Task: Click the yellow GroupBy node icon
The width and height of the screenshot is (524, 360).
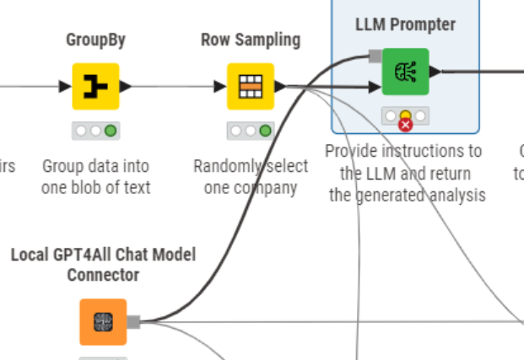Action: click(x=95, y=86)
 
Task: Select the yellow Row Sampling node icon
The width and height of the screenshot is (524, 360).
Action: click(x=250, y=86)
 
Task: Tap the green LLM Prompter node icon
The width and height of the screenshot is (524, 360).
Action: click(x=405, y=72)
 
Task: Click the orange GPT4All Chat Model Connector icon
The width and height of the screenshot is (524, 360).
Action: click(x=103, y=321)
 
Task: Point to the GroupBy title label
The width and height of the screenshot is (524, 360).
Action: click(x=95, y=40)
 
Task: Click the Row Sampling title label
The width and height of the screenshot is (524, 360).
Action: click(x=250, y=40)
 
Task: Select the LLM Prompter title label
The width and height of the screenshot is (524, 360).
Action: click(x=405, y=24)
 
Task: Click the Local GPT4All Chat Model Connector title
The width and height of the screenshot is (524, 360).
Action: click(x=102, y=264)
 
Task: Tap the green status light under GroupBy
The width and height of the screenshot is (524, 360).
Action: click(x=111, y=131)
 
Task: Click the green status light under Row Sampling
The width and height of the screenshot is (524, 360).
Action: click(x=265, y=131)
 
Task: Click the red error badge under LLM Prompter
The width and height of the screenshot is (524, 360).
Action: click(x=405, y=125)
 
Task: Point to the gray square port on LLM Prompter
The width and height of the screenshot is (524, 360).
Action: click(x=375, y=56)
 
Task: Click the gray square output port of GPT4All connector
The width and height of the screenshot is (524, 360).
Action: click(x=132, y=321)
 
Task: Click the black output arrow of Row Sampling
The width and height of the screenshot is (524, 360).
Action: click(x=280, y=86)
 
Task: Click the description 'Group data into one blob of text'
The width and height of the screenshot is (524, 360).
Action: click(x=95, y=176)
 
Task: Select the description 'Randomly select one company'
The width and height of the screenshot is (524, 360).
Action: click(x=250, y=176)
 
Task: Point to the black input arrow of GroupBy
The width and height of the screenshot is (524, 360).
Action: click(x=66, y=86)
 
